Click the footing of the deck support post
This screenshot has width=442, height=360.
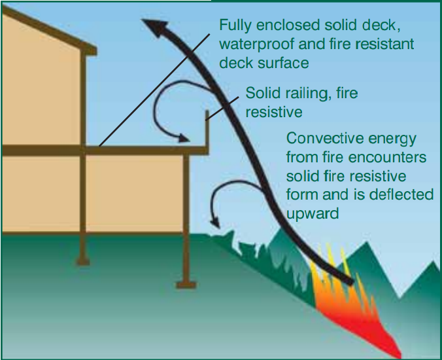(x=186, y=284)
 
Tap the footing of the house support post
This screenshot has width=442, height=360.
(x=83, y=261)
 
